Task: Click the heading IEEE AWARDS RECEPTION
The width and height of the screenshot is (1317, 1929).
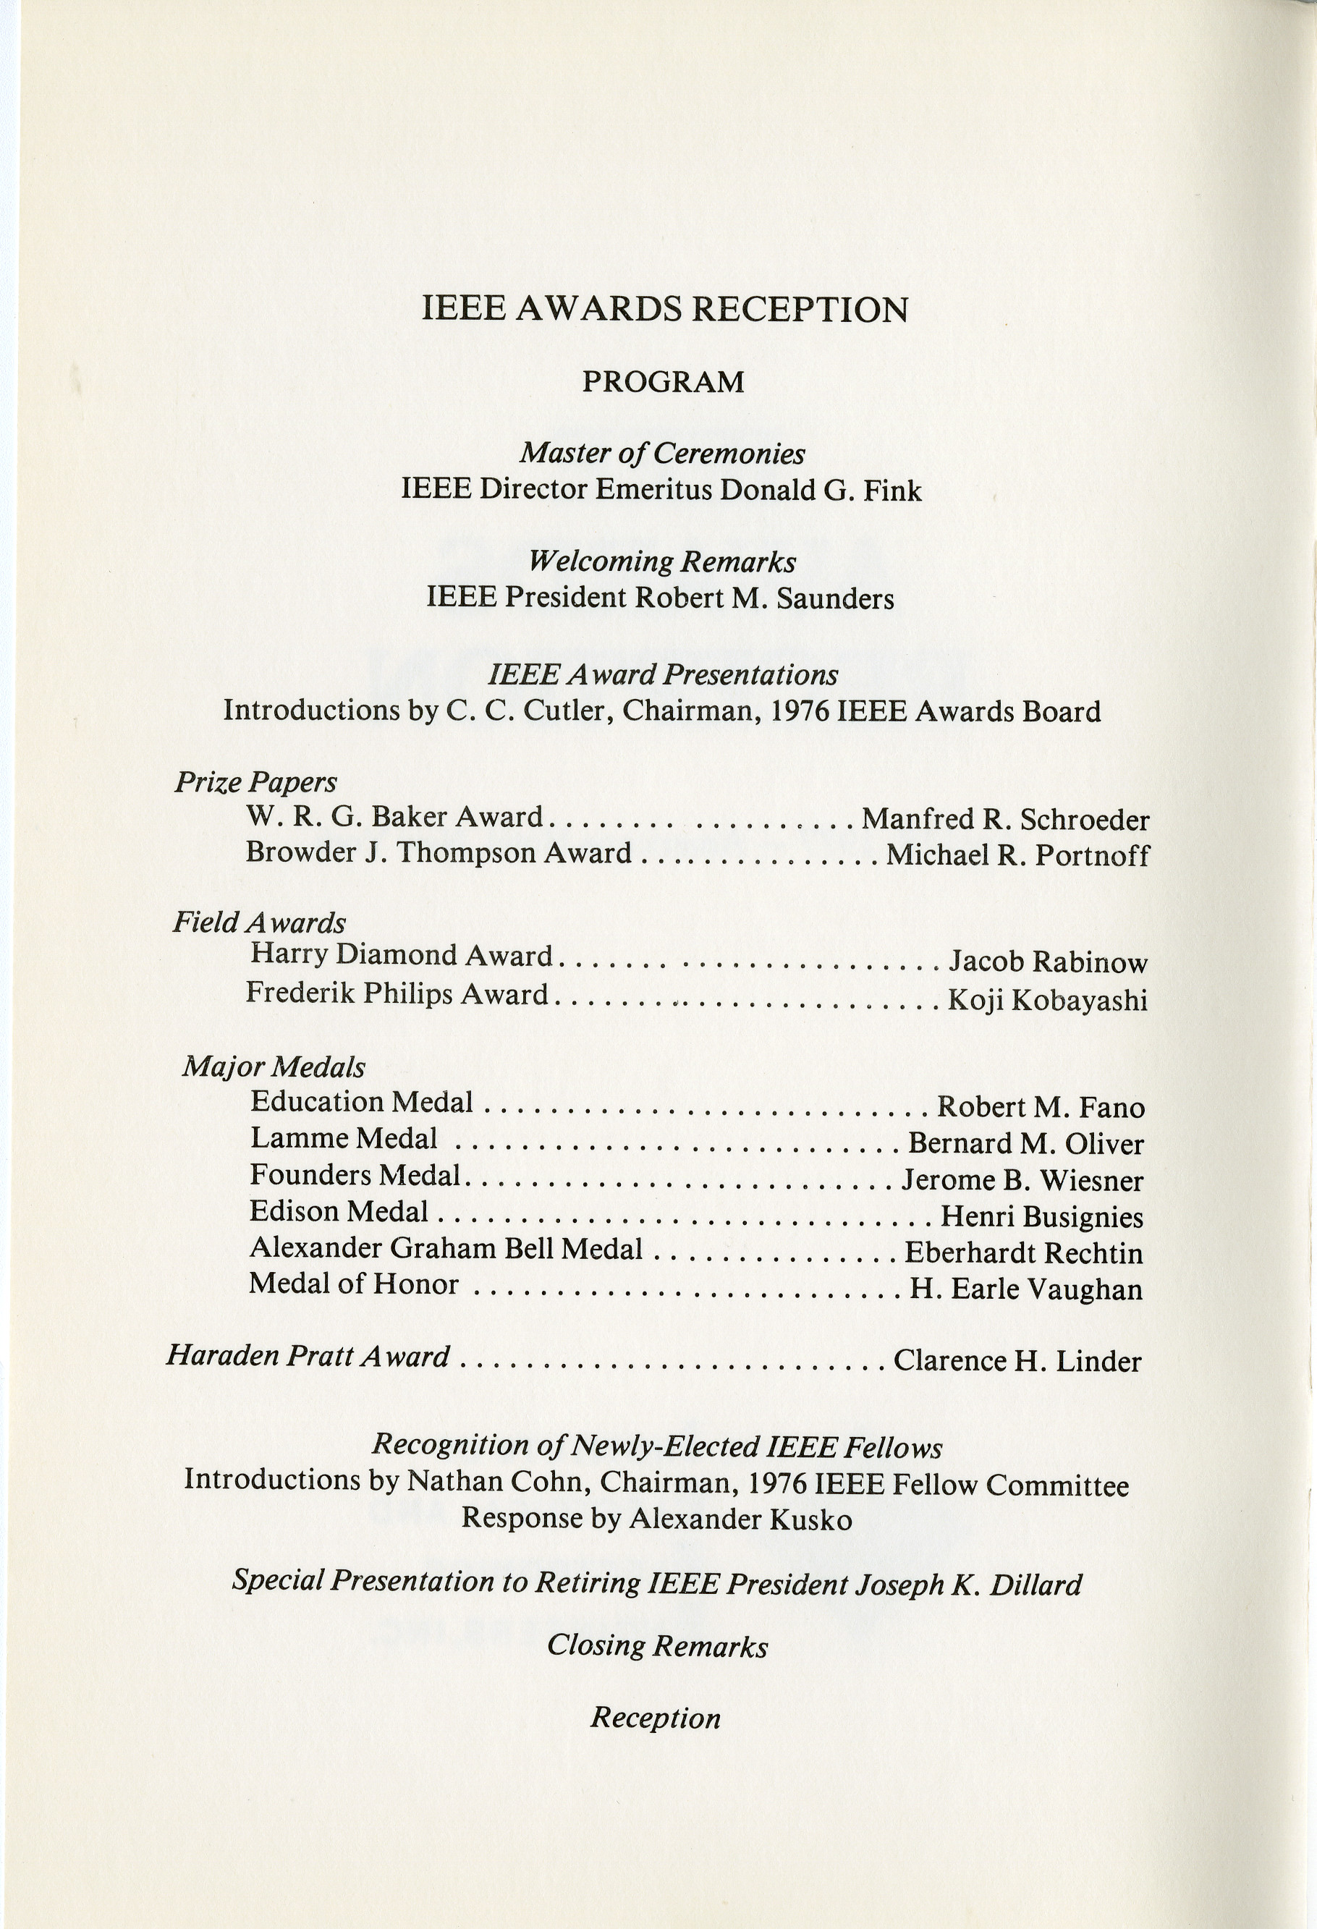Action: coord(665,310)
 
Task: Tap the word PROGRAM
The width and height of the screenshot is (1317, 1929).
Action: coord(663,382)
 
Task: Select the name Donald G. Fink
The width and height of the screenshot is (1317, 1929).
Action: coord(820,491)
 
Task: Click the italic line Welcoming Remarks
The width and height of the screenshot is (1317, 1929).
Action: coord(662,562)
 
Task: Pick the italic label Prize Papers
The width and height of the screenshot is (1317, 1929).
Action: coord(255,782)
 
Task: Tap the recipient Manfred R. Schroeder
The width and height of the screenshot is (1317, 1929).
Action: coord(1005,820)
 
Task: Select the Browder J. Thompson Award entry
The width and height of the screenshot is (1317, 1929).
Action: coord(439,853)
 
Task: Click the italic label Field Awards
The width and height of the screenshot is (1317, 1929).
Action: coord(259,922)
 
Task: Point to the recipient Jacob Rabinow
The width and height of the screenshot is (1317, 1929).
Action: coord(1047,962)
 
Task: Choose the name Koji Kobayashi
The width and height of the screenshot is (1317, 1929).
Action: coord(1047,1001)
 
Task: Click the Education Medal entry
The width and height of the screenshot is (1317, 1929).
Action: coord(362,1102)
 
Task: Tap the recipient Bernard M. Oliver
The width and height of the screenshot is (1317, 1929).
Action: coord(1025,1144)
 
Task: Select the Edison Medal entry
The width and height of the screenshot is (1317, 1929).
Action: coord(339,1212)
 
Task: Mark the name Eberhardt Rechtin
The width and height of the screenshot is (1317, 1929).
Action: coord(1023,1252)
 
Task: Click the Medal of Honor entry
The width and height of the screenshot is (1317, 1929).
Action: coord(354,1284)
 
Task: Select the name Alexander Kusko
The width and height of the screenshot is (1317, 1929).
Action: coord(740,1519)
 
